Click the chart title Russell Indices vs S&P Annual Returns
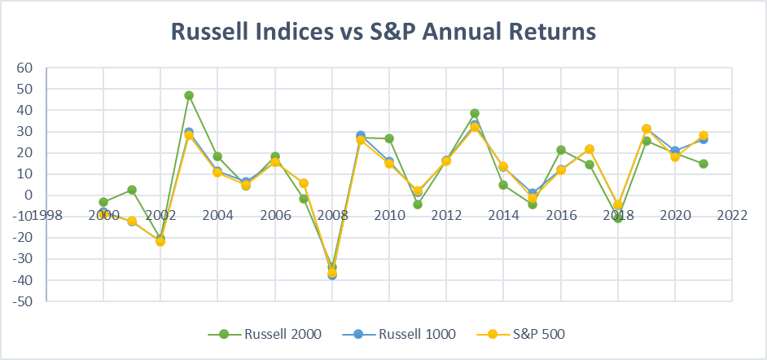click(383, 32)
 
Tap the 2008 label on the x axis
click(332, 216)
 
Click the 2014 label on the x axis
click(503, 216)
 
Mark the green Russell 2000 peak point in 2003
click(189, 95)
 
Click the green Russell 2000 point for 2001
click(132, 190)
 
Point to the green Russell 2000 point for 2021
click(703, 164)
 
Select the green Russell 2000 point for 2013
click(475, 113)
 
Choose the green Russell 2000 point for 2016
click(560, 150)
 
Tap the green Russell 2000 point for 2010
click(389, 138)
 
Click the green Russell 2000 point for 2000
click(103, 202)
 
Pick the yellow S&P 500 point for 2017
click(589, 149)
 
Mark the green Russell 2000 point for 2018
click(617, 218)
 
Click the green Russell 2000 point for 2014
click(503, 185)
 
